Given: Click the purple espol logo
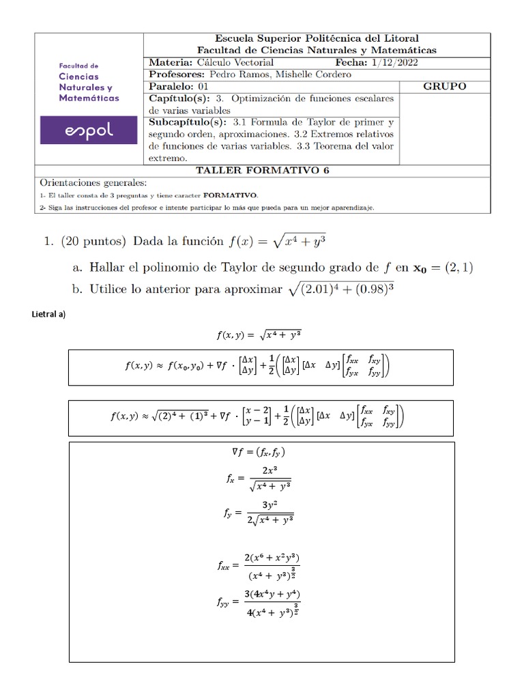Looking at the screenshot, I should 88,130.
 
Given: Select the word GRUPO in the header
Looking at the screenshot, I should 445,86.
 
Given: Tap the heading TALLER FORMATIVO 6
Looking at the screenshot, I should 262,171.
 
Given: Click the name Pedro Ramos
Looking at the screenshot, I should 237,74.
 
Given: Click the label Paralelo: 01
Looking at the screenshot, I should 179,86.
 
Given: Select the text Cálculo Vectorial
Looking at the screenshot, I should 235,62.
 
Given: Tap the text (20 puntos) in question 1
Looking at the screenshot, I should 93,241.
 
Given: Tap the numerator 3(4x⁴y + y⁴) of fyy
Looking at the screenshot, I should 272,593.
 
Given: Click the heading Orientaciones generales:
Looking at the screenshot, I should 93,183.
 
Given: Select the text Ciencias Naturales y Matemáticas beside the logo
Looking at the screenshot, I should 89,87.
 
